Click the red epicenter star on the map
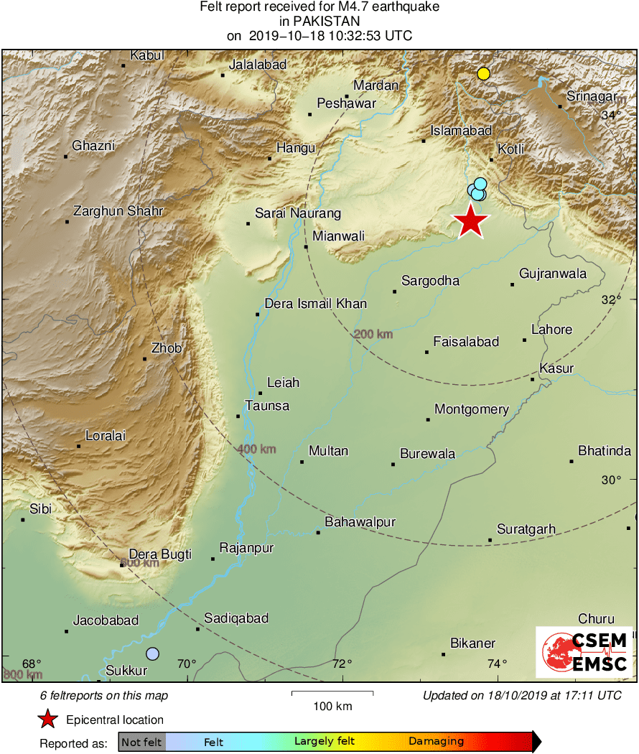pyautogui.click(x=470, y=222)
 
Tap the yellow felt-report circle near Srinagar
pyautogui.click(x=484, y=73)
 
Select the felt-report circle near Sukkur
pyautogui.click(x=152, y=653)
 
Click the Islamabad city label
pyautogui.click(x=461, y=131)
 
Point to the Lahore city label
pyautogui.click(x=551, y=330)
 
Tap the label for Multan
pyautogui.click(x=328, y=451)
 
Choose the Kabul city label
pyautogui.click(x=147, y=55)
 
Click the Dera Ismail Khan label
pyautogui.click(x=316, y=304)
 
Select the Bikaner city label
pyautogui.click(x=472, y=643)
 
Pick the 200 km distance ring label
pyautogui.click(x=373, y=334)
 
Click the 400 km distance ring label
pyautogui.click(x=256, y=450)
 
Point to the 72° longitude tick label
pyautogui.click(x=342, y=663)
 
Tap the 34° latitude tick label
pyautogui.click(x=611, y=115)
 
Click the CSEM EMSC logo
pyautogui.click(x=584, y=652)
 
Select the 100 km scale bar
pyautogui.click(x=332, y=693)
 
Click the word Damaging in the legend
pyautogui.click(x=436, y=742)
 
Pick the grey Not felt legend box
pyautogui.click(x=141, y=742)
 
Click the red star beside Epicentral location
pyautogui.click(x=47, y=720)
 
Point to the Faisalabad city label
pyautogui.click(x=466, y=343)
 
